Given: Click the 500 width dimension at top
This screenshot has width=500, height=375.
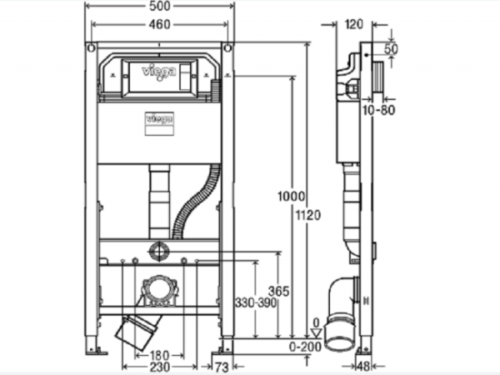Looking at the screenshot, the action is [160, 7].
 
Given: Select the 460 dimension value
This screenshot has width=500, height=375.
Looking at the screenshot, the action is [160, 24].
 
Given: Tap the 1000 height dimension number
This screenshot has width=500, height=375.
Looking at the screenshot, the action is [291, 196].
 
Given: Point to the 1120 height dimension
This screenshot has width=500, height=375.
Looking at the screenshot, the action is [308, 216].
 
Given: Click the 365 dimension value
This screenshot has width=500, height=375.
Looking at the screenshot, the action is [278, 291].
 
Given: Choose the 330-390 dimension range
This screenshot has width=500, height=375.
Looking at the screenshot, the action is [256, 302].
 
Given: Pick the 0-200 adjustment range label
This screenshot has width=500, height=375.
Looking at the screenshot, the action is [305, 347].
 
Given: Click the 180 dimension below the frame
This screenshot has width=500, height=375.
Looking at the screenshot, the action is [159, 355].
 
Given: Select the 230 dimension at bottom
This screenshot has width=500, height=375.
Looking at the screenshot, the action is [159, 367].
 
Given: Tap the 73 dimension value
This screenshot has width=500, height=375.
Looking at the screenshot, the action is [222, 367].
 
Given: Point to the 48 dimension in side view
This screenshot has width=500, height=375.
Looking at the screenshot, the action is [363, 367].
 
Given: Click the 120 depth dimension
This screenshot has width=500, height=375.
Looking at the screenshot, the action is [354, 24].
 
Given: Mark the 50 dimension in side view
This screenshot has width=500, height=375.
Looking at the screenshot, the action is [392, 49].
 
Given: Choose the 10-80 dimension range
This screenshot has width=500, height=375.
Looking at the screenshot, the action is [379, 110].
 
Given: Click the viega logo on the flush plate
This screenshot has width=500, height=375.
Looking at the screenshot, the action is [159, 72].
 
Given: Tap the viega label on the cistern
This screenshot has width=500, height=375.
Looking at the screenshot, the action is [159, 119].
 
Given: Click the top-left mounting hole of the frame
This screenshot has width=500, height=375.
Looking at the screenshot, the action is [91, 48].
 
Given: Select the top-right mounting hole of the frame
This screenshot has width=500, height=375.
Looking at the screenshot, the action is [227, 48].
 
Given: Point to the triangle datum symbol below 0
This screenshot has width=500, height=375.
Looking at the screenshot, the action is [316, 333].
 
